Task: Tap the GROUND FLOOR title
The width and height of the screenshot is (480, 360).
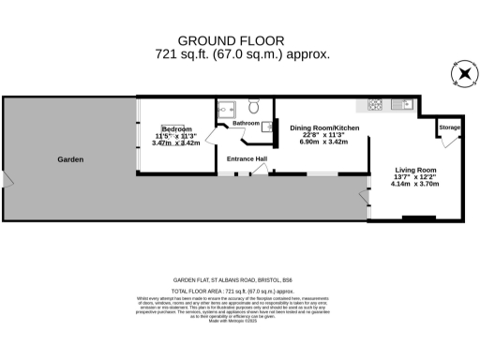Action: click(x=242, y=40)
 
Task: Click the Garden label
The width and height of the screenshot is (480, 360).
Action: click(x=70, y=159)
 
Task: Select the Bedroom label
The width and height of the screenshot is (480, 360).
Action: click(x=176, y=128)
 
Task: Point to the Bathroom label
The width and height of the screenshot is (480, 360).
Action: click(x=247, y=124)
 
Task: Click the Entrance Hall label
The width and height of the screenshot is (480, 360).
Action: click(x=247, y=158)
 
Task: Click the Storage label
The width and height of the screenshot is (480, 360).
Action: click(x=450, y=127)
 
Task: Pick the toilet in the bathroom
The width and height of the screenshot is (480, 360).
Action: click(x=252, y=106)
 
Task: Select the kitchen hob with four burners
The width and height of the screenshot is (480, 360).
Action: click(x=376, y=103)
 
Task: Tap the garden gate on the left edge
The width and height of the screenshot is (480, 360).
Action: click(x=5, y=178)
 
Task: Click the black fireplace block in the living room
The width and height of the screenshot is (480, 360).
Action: click(x=418, y=218)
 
